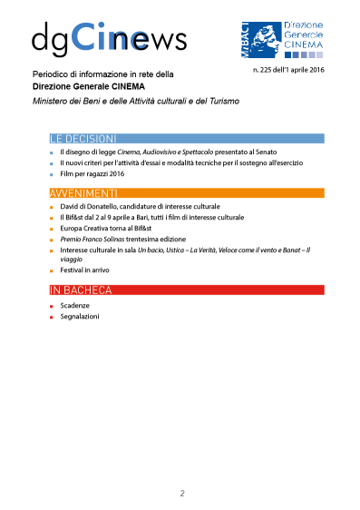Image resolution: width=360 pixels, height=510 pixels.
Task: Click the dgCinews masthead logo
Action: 109,37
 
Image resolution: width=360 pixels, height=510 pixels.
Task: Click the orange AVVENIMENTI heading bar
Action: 186,193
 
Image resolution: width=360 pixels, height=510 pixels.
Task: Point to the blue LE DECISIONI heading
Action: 83,139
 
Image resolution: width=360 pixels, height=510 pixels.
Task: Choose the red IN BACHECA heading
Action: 81,289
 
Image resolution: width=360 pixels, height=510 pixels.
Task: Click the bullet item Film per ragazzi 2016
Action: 92,173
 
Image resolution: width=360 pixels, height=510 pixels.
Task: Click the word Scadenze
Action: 75,306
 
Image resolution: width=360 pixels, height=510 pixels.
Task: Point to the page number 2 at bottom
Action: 182,494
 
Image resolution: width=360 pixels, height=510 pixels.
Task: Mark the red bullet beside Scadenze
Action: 53,306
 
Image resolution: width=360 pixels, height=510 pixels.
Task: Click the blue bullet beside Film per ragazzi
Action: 53,173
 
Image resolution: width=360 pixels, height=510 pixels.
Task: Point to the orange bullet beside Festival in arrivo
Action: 53,270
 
